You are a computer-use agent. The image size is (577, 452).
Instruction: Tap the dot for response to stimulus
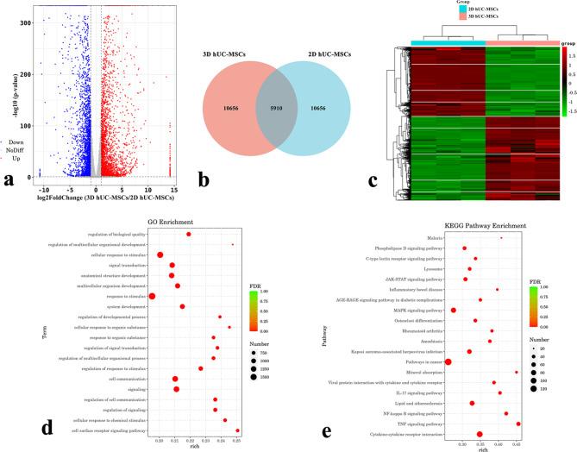pos(153,296)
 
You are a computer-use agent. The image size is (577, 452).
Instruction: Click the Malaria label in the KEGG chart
pos(436,237)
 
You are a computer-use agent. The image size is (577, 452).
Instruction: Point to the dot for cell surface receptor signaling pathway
pos(237,430)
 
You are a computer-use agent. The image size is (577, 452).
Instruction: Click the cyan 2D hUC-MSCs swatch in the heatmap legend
pos(420,9)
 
